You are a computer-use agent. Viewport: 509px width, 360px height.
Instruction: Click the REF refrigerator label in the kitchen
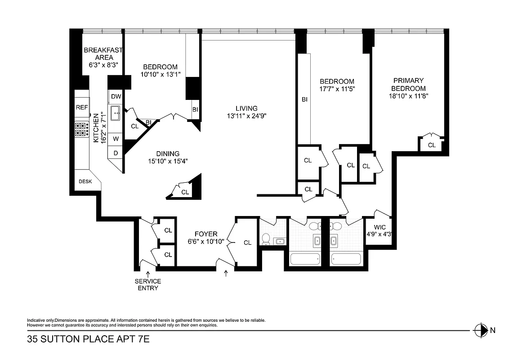coord(81,108)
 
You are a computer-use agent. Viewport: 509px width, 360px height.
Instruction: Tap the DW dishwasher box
coord(116,97)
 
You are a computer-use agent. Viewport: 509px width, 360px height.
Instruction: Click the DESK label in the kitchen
coord(85,181)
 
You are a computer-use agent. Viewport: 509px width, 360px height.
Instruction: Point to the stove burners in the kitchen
coord(81,130)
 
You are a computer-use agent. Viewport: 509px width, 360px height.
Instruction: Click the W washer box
coord(116,139)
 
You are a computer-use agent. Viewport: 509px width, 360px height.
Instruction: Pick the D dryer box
coord(116,153)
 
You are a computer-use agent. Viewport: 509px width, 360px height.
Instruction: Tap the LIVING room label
coord(246,108)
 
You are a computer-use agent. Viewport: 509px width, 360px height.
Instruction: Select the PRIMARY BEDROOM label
coord(408,85)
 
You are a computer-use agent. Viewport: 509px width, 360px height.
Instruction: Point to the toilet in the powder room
coord(265,239)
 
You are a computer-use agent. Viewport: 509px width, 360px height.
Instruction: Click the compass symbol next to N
coord(481,330)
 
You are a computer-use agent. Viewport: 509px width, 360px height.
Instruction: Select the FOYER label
coord(206,234)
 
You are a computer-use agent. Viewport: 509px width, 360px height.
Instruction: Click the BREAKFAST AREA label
coord(103,54)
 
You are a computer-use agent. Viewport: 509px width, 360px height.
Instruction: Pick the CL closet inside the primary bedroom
coord(431,145)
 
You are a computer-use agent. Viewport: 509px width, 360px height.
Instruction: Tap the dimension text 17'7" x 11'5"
coord(337,89)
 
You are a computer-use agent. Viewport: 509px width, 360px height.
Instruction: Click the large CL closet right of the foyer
coord(247,243)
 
